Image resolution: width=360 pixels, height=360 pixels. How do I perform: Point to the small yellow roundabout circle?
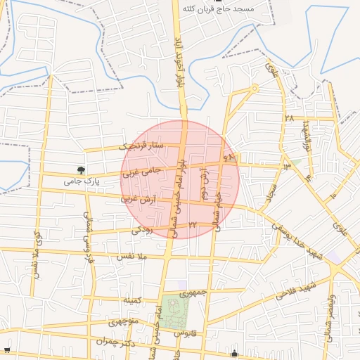point(255,88)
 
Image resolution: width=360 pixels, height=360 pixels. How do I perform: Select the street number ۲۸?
point(289,118)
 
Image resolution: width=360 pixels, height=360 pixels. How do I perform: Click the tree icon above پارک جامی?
point(82,169)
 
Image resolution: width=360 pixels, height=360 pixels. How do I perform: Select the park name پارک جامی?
point(79,181)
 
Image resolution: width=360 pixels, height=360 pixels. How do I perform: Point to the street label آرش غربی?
point(139,200)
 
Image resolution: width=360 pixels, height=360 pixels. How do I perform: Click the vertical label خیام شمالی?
point(218,206)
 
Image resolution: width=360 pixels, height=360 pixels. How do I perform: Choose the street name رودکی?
point(141,229)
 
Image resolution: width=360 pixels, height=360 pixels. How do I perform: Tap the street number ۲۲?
point(192,225)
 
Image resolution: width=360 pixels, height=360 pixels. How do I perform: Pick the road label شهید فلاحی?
point(294,290)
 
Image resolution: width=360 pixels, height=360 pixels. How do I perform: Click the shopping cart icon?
point(7,349)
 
